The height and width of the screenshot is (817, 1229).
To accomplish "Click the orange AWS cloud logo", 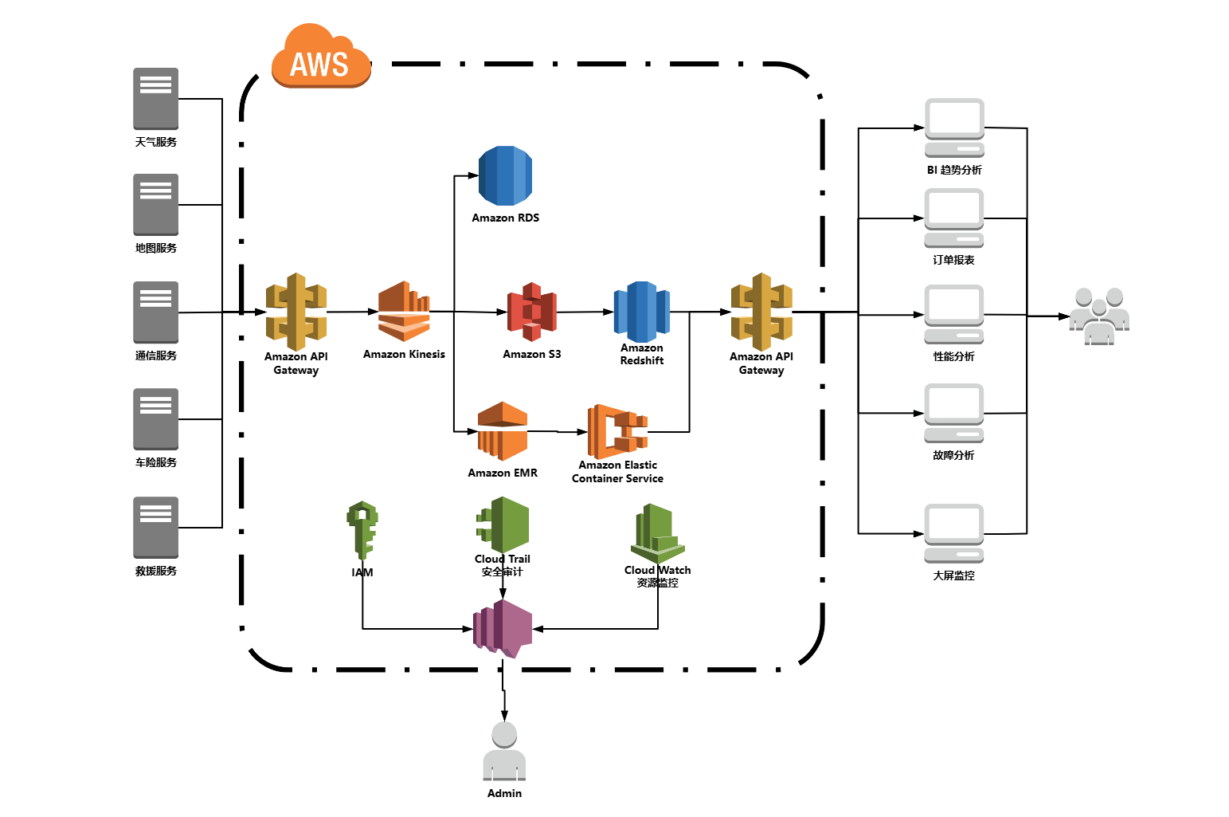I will click(x=321, y=57).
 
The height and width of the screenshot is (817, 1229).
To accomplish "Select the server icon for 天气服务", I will click(x=155, y=98).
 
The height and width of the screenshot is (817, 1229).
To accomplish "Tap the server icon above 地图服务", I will click(x=155, y=204).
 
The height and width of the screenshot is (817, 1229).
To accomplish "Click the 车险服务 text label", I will click(x=156, y=462).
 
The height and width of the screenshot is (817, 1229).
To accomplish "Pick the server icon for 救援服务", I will click(x=155, y=527).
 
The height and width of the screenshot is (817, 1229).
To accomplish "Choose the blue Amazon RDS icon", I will click(x=505, y=176).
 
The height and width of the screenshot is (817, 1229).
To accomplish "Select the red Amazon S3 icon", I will click(x=532, y=312).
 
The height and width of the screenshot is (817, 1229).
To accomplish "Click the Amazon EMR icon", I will click(x=503, y=431).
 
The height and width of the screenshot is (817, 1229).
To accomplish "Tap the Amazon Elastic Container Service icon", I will click(x=617, y=431).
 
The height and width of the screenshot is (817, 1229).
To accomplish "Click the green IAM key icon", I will click(x=362, y=529).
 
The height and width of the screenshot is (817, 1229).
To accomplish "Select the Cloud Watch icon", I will click(x=658, y=532).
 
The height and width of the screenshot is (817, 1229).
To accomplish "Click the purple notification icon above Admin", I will click(x=503, y=628).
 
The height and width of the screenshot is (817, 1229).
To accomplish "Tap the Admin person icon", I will click(x=504, y=752).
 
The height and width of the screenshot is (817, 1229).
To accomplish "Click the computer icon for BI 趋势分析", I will click(x=954, y=128).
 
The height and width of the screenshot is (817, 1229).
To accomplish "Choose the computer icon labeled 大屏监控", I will click(x=954, y=533).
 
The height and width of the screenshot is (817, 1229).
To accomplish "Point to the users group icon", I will click(x=1099, y=316).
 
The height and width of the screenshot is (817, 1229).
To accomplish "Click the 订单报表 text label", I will click(x=954, y=260).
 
